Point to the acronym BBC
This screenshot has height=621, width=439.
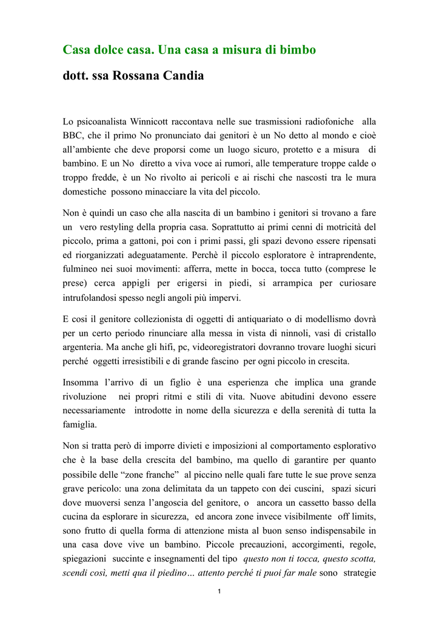[x=75, y=135]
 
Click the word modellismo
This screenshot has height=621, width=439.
[x=330, y=319]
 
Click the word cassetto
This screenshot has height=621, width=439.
[x=314, y=502]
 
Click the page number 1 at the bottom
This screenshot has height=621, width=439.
[x=219, y=592]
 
